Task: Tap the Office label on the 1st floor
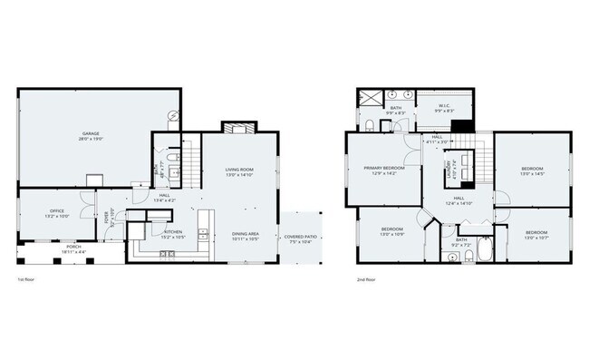tap(56, 214)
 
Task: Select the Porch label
tap(72, 248)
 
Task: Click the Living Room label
tap(239, 171)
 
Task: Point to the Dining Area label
tap(246, 235)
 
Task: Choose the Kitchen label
tap(174, 233)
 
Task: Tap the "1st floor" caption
tap(26, 280)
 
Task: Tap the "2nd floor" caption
tap(366, 280)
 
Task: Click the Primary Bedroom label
tap(383, 170)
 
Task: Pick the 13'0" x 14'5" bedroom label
tap(532, 170)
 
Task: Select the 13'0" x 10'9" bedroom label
tap(391, 230)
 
